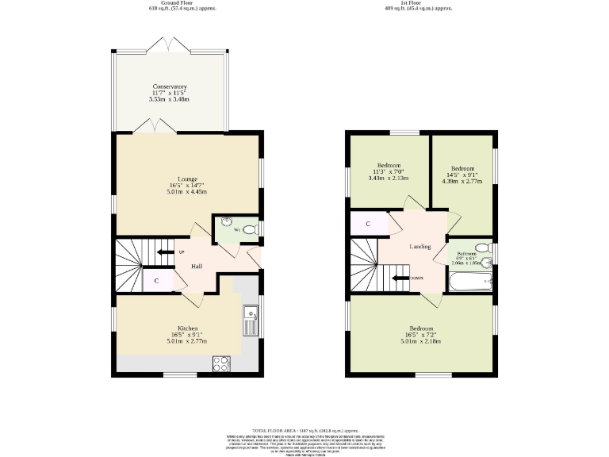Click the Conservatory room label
(170, 86)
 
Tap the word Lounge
(187, 179)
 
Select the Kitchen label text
(187, 328)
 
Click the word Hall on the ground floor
(196, 266)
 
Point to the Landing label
(420, 247)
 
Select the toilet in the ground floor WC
(249, 229)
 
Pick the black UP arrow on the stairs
(165, 252)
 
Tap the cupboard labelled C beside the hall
(156, 281)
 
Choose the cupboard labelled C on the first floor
(368, 224)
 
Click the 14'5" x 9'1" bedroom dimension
(462, 175)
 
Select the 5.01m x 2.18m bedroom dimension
(421, 341)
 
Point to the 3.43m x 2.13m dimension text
(388, 179)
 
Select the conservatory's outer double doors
(170, 45)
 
